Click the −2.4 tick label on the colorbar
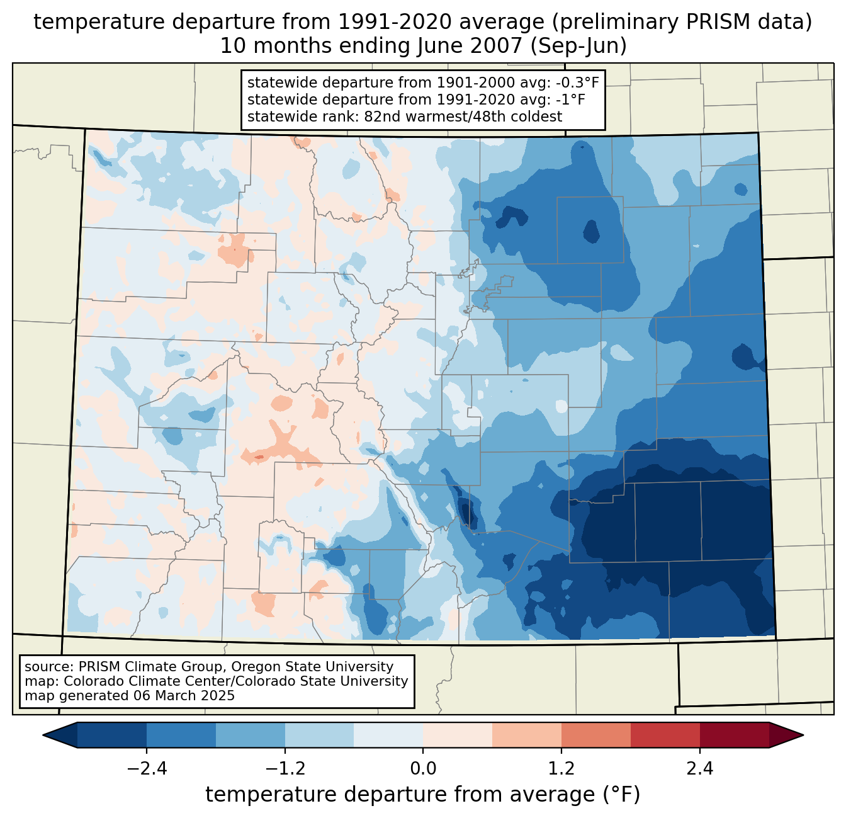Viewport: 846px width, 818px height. (147, 769)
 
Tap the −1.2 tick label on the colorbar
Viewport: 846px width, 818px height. (285, 769)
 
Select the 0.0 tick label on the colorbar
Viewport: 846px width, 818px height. (423, 769)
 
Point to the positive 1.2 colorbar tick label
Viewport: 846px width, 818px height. (561, 769)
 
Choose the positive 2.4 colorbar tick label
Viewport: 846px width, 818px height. (699, 769)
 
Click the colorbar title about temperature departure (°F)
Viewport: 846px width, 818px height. (422, 795)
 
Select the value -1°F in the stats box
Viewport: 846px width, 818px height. (571, 99)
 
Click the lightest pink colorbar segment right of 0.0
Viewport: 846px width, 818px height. (458, 735)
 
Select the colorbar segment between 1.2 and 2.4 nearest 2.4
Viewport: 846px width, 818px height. (665, 735)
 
